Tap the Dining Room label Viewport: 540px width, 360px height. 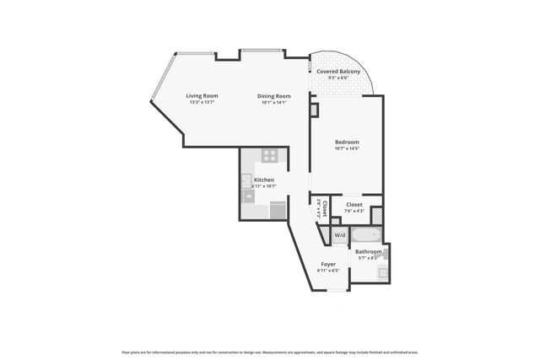[274, 95]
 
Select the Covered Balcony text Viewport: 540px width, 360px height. [338, 72]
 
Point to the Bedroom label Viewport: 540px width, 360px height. [347, 142]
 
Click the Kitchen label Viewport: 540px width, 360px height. [264, 180]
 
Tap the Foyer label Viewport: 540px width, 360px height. [327, 264]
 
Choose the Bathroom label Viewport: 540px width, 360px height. [368, 251]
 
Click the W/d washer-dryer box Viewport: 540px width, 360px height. [339, 234]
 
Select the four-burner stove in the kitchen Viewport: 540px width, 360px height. [270, 156]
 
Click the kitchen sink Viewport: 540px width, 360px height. [246, 180]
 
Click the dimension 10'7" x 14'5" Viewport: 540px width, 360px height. [347, 148]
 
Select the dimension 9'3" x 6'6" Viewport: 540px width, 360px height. [338, 78]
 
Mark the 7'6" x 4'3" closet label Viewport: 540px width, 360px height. [354, 211]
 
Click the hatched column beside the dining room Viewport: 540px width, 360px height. [314, 110]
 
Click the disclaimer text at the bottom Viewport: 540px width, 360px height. [270, 351]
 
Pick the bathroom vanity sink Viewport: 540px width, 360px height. [382, 272]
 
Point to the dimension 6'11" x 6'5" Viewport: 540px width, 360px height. [327, 271]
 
